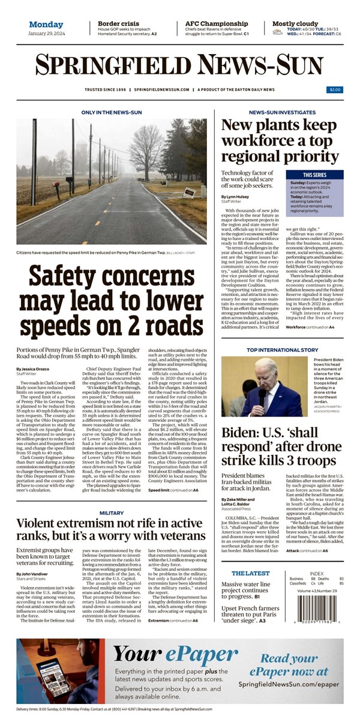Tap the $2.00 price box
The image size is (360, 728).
334,89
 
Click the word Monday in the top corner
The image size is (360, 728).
45,25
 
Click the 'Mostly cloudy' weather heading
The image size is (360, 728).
295,23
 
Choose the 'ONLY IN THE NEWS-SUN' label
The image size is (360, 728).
111,112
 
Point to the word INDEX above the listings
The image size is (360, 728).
316,573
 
